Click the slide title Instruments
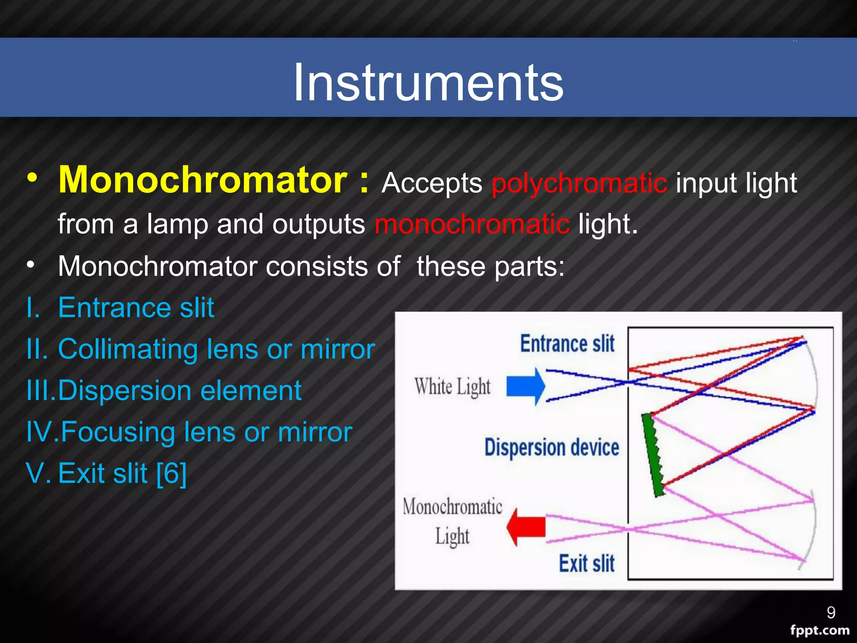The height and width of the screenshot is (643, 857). point(428,82)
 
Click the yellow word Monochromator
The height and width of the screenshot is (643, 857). point(203,180)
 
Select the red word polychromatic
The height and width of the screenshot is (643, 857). point(579,183)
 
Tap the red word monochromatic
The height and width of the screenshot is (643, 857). point(472,224)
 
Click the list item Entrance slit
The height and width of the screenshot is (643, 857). point(136,308)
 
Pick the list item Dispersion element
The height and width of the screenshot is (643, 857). point(180,391)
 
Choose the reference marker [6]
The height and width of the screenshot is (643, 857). point(171,473)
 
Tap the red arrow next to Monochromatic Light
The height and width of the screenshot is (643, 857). point(526,527)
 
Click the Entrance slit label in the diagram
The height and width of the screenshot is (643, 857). point(567,344)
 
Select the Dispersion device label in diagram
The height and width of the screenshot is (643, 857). point(552,447)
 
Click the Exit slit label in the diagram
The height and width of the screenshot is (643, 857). point(587,563)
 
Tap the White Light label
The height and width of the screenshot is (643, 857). point(452,386)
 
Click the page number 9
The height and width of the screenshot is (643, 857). point(831,613)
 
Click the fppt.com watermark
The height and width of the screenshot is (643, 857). point(819,630)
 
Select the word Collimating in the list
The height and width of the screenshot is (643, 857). point(128,349)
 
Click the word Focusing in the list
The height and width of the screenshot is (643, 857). point(118,432)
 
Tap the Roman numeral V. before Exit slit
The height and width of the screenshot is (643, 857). point(38,473)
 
